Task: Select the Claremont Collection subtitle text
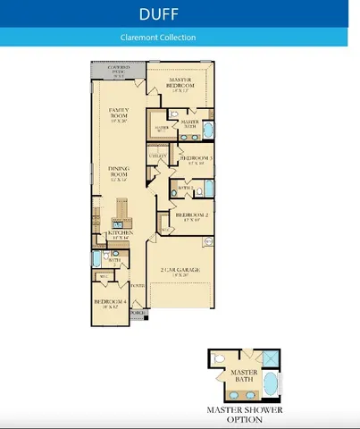[x=158, y=38]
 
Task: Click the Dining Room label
[x=119, y=172]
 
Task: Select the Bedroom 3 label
[x=196, y=160]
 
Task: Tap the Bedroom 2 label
[x=191, y=216]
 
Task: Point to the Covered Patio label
[x=119, y=70]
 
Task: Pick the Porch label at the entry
[x=137, y=314]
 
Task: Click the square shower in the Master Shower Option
[x=272, y=358]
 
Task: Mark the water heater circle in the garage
[x=208, y=241]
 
